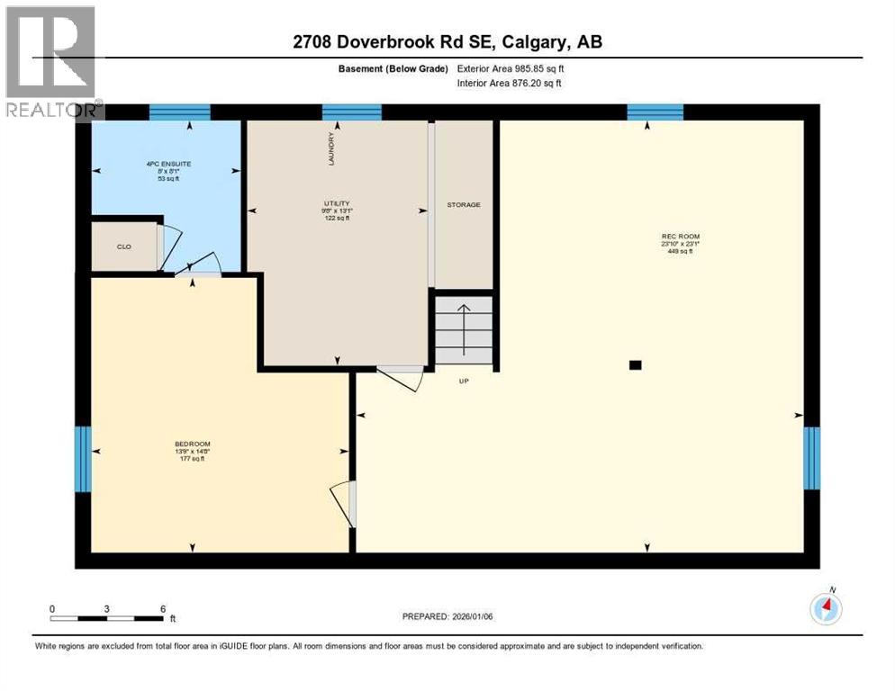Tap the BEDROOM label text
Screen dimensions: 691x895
coord(192,444)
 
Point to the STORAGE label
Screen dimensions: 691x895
coord(464,205)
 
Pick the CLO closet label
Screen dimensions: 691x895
coord(125,246)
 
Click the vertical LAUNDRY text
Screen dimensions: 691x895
coord(331,148)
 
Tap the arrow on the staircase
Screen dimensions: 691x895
coord(464,328)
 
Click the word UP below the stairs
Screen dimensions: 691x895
coord(464,381)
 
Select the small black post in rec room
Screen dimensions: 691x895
coord(635,364)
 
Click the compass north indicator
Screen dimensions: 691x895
coord(826,607)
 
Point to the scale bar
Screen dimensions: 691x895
coord(108,619)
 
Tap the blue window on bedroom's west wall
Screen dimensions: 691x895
coord(83,459)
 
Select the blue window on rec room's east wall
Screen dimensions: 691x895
coord(811,458)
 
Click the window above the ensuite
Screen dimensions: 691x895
coord(179,112)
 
